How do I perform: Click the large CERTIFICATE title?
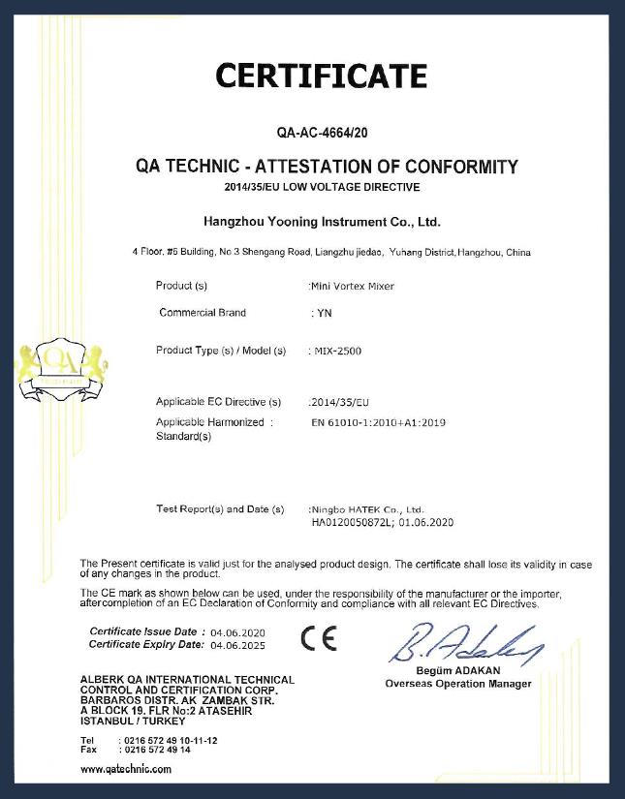click(x=321, y=75)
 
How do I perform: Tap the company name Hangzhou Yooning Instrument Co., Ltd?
click(x=324, y=222)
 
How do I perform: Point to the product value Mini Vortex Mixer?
click(x=352, y=287)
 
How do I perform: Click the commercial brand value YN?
click(x=326, y=314)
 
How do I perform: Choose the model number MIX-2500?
click(x=336, y=351)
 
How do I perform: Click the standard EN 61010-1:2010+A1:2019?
click(x=378, y=423)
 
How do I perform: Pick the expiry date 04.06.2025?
click(x=237, y=644)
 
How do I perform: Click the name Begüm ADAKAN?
click(x=457, y=671)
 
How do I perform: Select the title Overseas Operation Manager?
click(x=457, y=684)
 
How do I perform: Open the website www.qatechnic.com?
click(x=126, y=769)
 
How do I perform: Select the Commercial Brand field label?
click(x=203, y=313)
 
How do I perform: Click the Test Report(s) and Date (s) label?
click(x=220, y=508)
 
